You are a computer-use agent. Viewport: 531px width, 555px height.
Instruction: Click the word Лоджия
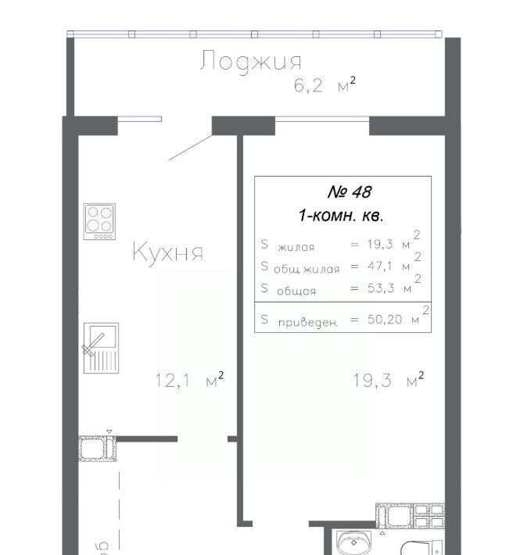click(250, 61)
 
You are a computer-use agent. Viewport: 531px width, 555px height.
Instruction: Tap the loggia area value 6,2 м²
click(325, 85)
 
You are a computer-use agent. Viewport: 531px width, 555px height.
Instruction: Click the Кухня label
click(168, 252)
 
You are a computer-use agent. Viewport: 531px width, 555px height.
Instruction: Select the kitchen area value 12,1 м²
click(189, 379)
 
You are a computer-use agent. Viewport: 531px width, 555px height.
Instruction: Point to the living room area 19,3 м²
click(389, 379)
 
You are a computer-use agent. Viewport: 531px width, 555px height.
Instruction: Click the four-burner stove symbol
click(99, 221)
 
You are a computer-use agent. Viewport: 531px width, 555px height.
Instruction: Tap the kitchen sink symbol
click(101, 348)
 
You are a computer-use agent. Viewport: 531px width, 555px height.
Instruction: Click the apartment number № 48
click(350, 192)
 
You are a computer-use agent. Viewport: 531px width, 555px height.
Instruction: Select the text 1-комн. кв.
click(341, 215)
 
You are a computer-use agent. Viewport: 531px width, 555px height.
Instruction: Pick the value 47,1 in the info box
click(379, 266)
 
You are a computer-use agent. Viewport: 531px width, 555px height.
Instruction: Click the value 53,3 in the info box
click(381, 288)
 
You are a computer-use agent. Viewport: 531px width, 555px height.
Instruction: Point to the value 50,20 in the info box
click(385, 319)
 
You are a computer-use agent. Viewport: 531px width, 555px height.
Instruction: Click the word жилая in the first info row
click(296, 247)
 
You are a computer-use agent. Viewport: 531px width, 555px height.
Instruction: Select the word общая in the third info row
click(296, 291)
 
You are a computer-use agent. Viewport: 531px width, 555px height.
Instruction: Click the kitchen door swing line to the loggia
click(191, 148)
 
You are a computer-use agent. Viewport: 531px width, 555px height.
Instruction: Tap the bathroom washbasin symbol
click(354, 543)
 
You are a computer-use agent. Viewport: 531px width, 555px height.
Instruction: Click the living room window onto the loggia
click(322, 119)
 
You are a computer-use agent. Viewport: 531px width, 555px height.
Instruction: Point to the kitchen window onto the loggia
click(140, 119)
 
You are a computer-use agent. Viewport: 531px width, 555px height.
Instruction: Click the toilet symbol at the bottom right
click(422, 547)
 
